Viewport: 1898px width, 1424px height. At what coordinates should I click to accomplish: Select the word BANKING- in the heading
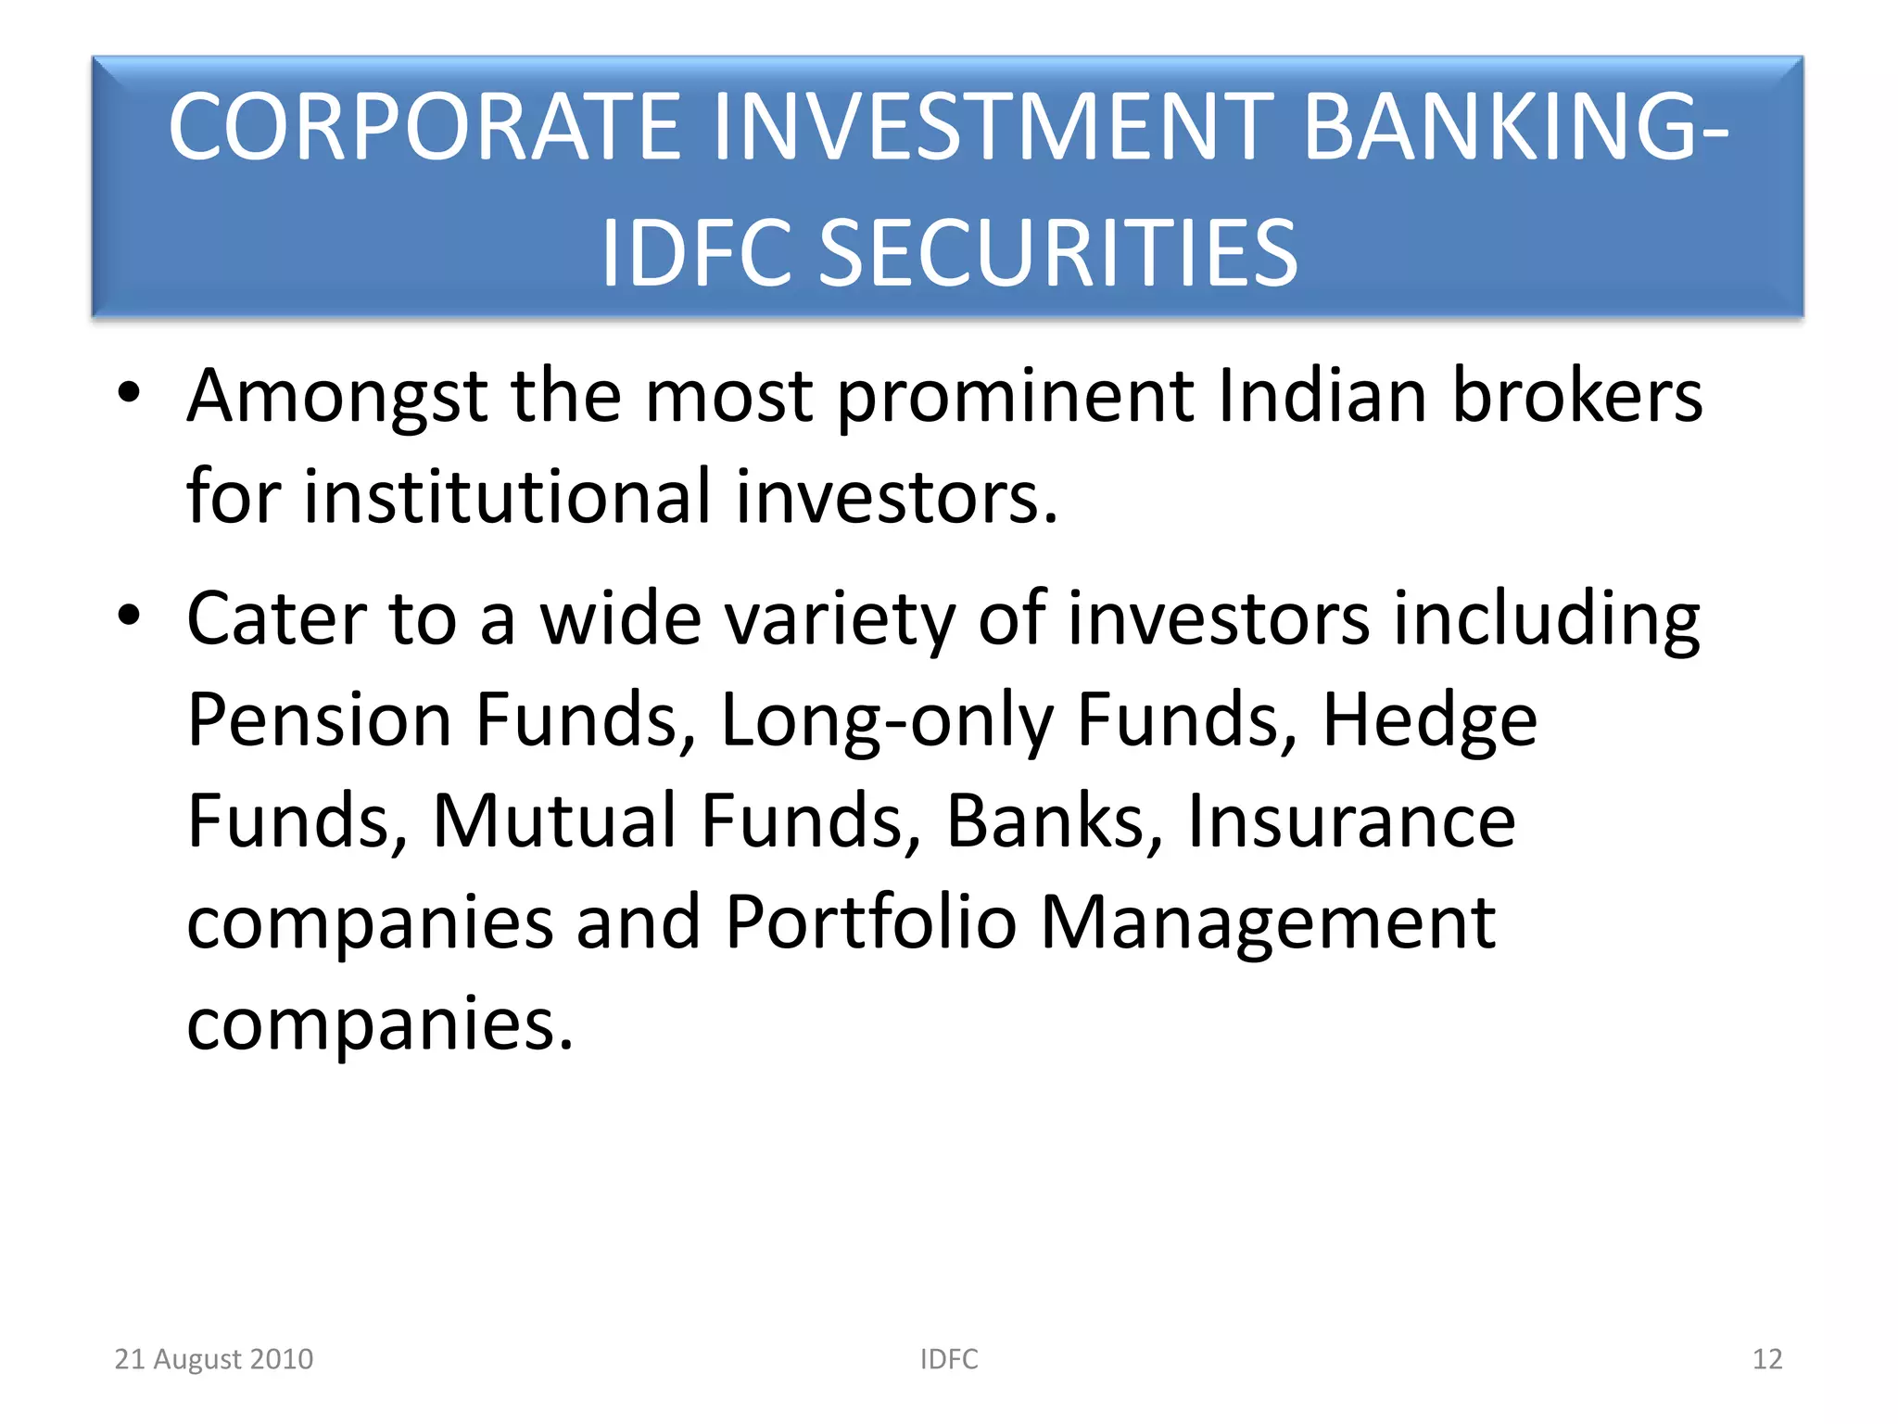1515,127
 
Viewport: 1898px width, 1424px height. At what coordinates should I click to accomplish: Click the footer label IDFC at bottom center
949,1359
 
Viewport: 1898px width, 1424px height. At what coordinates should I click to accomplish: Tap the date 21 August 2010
214,1359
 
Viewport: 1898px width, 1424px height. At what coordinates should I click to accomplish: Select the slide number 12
1767,1359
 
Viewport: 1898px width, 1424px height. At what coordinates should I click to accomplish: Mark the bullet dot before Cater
129,615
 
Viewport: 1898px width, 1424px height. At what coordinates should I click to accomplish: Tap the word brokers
1576,396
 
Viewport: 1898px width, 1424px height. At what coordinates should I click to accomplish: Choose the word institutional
508,497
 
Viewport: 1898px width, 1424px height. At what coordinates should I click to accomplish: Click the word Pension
319,719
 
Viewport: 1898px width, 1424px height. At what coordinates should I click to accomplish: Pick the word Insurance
1351,820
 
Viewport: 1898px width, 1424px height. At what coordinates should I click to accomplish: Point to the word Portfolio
871,922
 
